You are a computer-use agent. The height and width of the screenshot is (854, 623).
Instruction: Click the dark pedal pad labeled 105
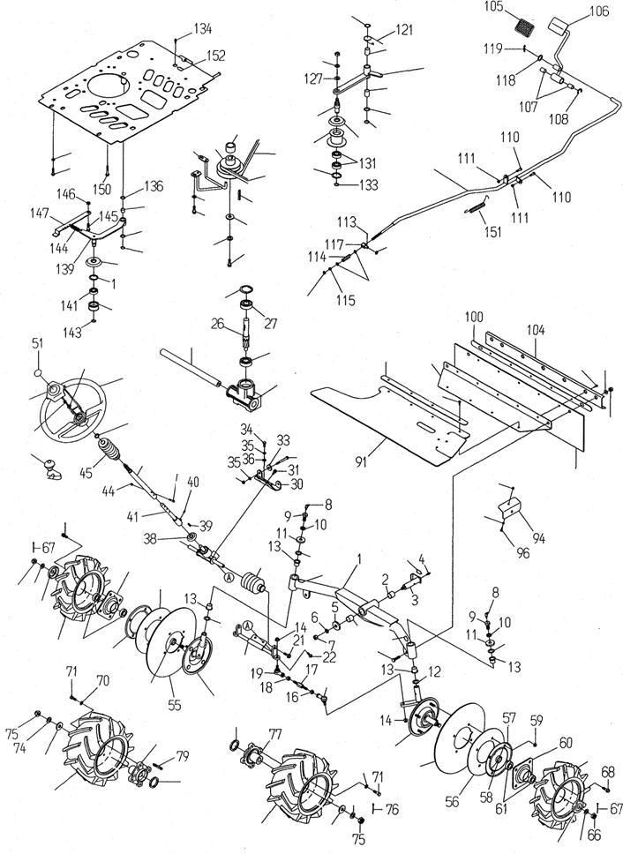tap(524, 26)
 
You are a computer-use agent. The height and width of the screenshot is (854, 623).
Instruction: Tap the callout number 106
tap(599, 11)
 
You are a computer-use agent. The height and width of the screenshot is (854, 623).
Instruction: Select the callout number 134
tap(202, 28)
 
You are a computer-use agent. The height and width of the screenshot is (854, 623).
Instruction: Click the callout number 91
tap(361, 462)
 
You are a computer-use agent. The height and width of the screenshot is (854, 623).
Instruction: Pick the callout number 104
tap(536, 330)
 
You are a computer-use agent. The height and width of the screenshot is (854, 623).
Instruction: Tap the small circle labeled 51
tap(38, 373)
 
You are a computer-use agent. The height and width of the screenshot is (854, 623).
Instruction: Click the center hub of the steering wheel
tap(80, 417)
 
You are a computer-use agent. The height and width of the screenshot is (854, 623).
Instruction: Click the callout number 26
tap(218, 324)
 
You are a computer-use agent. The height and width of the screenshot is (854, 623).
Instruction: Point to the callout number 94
tap(538, 539)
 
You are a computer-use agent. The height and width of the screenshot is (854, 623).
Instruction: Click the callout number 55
tap(174, 705)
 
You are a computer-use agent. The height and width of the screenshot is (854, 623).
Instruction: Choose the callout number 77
tap(275, 735)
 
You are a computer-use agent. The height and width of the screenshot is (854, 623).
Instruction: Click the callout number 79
tap(182, 756)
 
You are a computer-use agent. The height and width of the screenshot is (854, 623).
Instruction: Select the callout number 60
tap(566, 742)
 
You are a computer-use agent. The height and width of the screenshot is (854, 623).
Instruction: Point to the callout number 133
tap(369, 184)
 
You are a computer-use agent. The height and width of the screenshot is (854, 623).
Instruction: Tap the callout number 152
tap(215, 56)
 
